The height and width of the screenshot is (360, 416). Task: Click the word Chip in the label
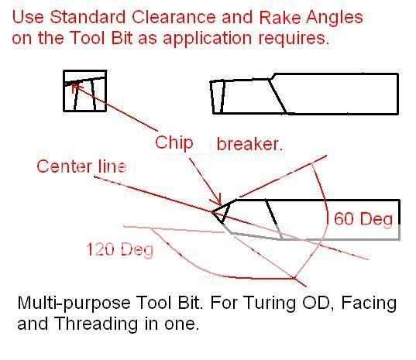174,142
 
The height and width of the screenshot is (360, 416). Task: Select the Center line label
81,166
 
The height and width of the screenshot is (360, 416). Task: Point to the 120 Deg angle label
119,249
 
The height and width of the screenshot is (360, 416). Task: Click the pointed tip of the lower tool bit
213,211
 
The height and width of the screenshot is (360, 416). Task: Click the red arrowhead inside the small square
74,89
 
